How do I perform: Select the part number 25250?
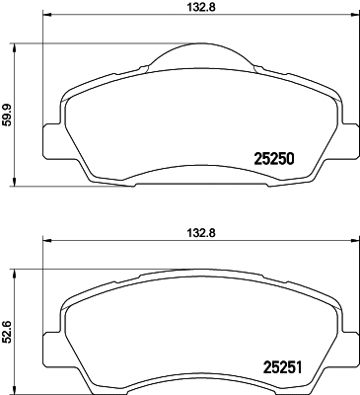[275, 157]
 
